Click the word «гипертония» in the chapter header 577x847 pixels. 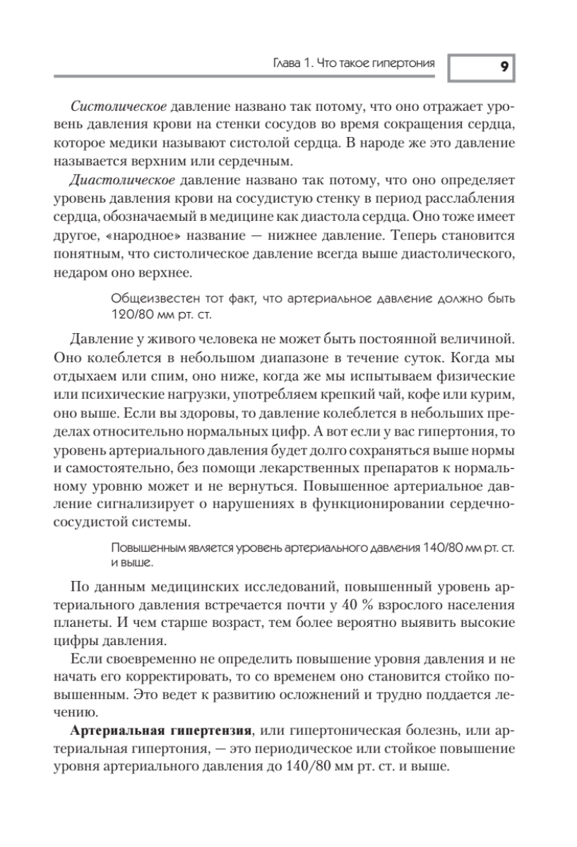[403, 65]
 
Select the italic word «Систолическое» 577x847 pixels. [119, 107]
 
